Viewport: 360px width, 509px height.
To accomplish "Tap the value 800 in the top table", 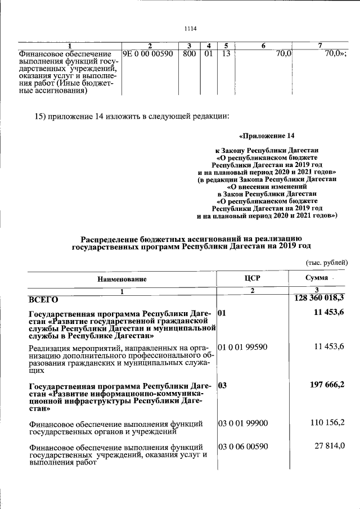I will [190, 54].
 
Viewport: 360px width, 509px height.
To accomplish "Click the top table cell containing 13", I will [226, 54].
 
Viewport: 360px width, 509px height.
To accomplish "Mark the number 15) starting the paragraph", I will [42, 116].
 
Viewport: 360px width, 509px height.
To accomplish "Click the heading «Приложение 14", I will [267, 136].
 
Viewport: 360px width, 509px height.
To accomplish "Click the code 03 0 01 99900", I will [243, 422].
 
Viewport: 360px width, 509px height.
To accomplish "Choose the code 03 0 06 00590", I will [243, 447].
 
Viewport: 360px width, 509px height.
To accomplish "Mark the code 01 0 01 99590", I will [243, 347].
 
